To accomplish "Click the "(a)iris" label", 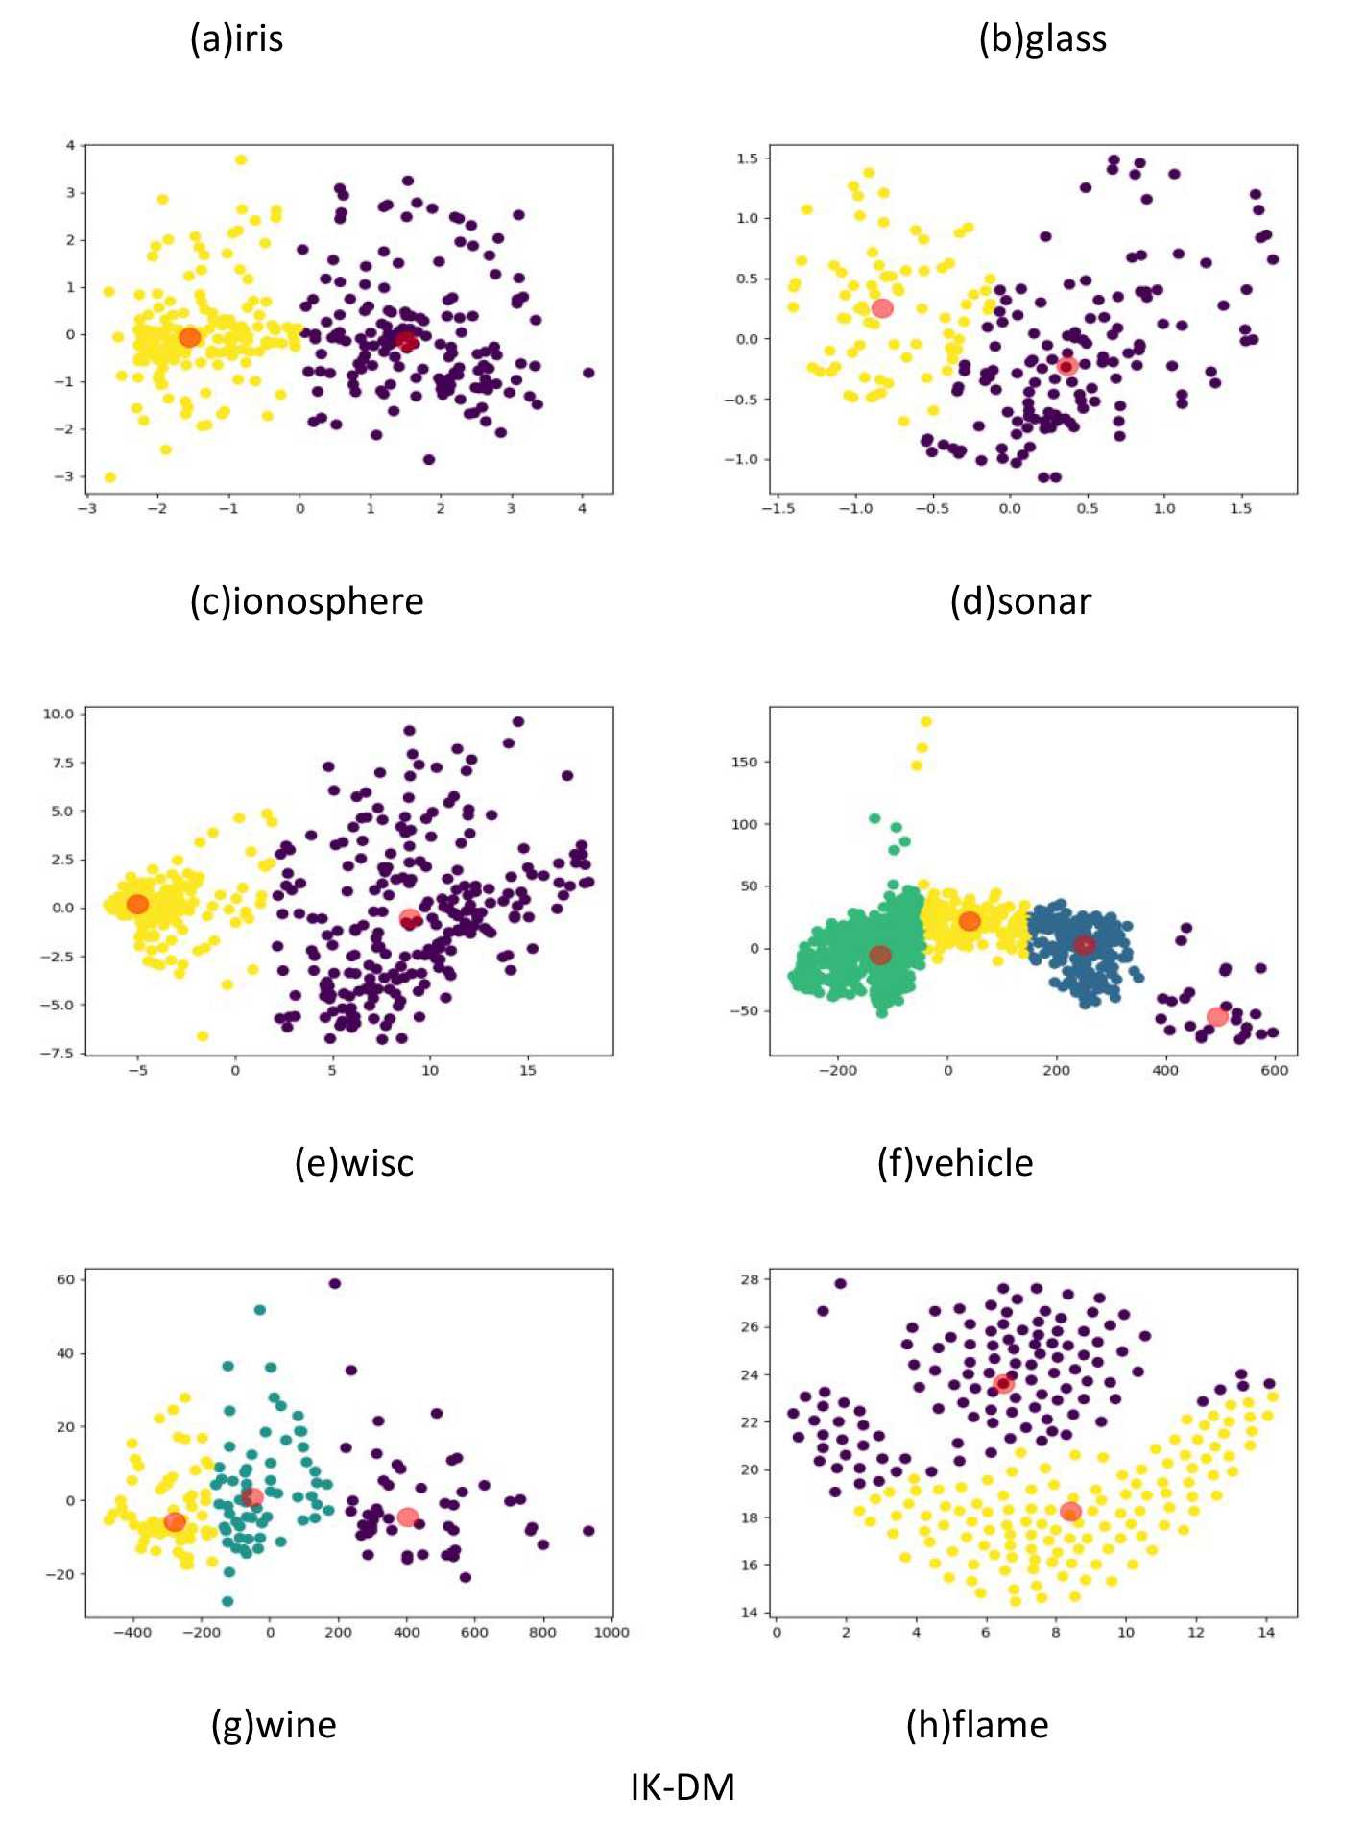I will pos(236,38).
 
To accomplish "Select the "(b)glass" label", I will pos(1042,38).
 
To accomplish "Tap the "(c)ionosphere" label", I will pos(306,601).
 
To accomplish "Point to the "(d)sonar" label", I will pos(1020,601).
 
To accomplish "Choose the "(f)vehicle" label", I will pos(955,1163).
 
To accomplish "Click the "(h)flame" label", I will pos(977,1725).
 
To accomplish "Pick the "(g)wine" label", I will pos(274,1725).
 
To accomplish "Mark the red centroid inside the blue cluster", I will pos(1084,945).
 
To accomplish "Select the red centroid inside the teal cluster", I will pos(252,1497).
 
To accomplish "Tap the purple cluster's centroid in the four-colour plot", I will pos(1217,1017).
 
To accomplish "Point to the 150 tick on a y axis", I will pos(744,762).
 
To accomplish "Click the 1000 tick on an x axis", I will pos(611,1632).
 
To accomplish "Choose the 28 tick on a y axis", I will pos(750,1279).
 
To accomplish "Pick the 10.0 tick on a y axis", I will pos(58,714).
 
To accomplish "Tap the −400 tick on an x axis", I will pos(132,1632).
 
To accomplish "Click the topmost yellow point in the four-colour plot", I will pos(926,721).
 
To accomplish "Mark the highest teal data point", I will pos(259,1310).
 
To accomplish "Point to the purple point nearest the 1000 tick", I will pos(588,1531).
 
